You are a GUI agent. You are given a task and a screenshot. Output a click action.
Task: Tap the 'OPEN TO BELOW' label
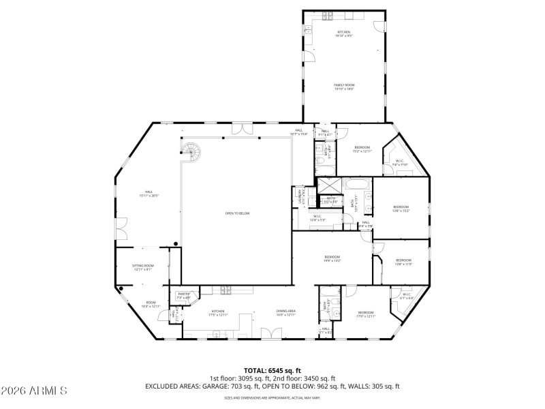click(x=237, y=213)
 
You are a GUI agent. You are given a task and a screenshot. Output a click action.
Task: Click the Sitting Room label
click(x=143, y=267)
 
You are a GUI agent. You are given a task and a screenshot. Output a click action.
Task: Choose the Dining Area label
click(x=285, y=312)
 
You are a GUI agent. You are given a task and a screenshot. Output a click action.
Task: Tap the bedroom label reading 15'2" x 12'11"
click(x=362, y=149)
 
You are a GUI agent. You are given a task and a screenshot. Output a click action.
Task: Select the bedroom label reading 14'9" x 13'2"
click(x=332, y=258)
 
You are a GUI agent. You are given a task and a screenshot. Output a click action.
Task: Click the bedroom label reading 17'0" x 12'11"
click(x=366, y=314)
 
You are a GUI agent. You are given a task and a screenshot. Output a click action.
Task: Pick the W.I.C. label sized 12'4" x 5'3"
click(x=317, y=219)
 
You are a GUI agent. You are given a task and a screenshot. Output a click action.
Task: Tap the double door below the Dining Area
click(x=271, y=333)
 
